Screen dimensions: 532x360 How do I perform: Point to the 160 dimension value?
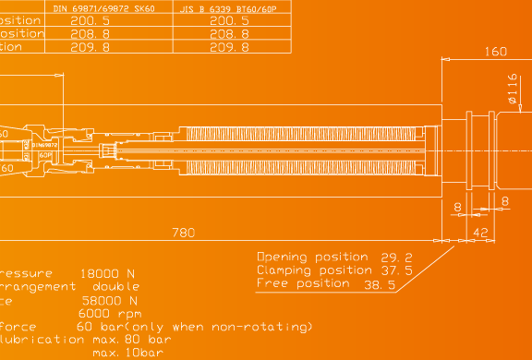click(496, 52)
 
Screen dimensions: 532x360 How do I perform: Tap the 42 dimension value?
click(480, 233)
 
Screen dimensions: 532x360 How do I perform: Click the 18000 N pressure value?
click(109, 274)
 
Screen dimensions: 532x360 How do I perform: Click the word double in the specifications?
click(115, 287)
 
